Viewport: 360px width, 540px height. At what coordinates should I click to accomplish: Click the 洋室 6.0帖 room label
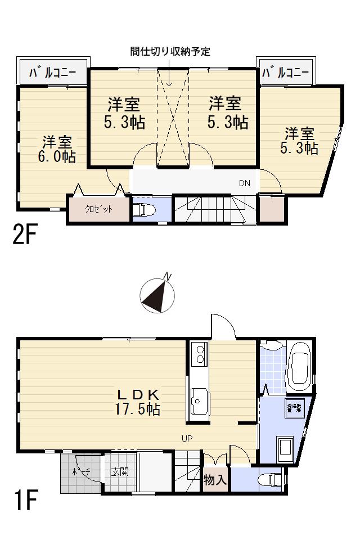pos(56,148)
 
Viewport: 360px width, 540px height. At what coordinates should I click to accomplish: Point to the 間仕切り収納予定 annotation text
pos(169,52)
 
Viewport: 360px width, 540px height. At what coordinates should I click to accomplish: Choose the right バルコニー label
pos(285,73)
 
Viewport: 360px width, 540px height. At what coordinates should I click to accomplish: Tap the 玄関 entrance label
pos(119,471)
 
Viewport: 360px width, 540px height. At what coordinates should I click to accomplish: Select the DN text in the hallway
pos(244,183)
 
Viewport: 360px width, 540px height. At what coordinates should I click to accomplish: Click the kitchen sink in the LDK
pos(198,401)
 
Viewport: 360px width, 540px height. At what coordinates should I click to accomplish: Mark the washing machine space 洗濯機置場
pos(294,408)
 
